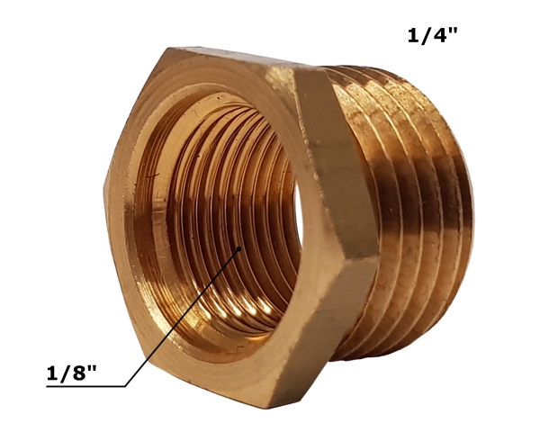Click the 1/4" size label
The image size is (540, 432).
coord(433,35)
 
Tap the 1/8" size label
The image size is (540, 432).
coord(72,373)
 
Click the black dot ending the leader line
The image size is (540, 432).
coord(239,248)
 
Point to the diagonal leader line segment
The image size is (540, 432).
coord(182,318)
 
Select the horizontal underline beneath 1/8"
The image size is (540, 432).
coord(85,386)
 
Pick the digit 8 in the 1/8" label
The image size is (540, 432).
coord(78,373)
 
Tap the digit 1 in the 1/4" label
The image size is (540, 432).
coord(412,35)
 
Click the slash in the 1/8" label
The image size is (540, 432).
coord(65,373)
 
